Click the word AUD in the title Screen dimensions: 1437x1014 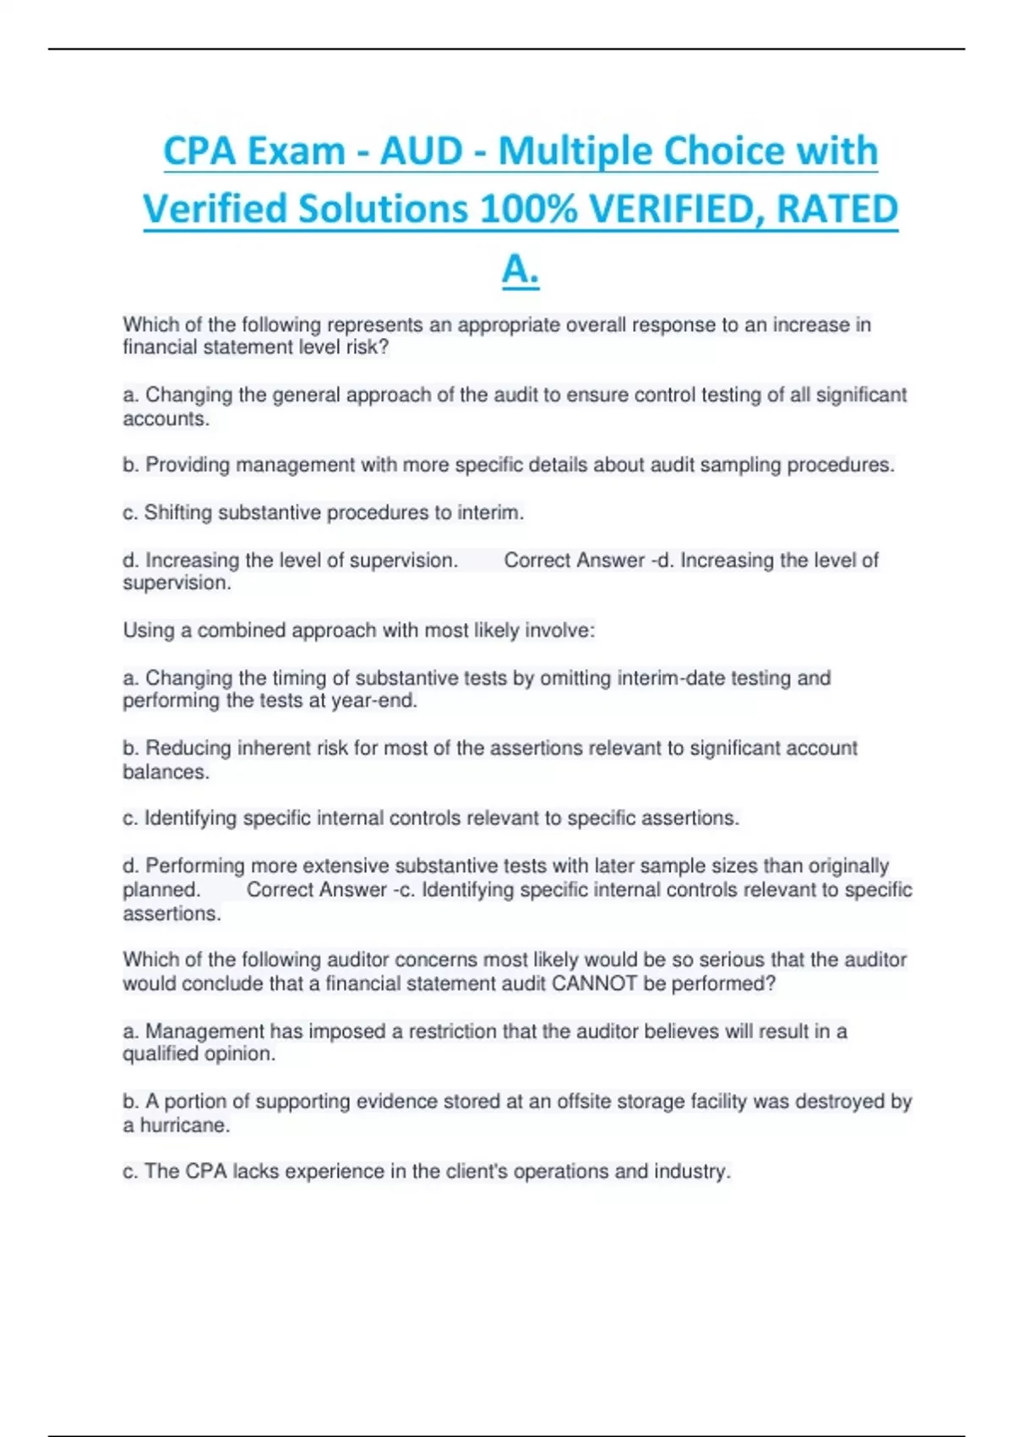pos(421,152)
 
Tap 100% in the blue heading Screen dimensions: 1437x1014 pos(527,210)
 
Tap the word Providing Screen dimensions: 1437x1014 pos(188,465)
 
